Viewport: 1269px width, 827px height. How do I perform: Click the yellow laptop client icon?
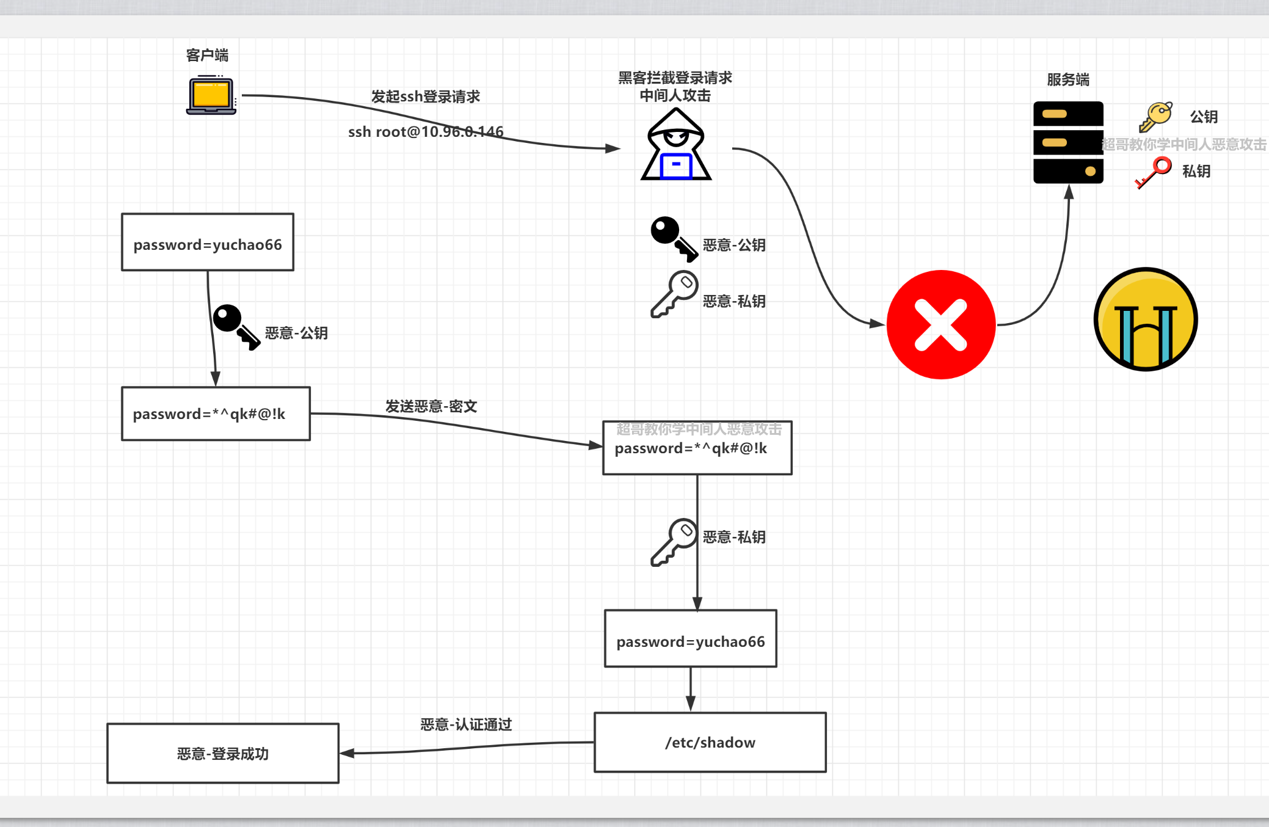click(211, 96)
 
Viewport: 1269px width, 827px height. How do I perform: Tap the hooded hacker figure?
click(676, 146)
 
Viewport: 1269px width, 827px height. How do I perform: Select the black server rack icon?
click(1068, 142)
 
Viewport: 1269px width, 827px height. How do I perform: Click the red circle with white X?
click(941, 324)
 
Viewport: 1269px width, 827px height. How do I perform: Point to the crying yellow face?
click(1145, 319)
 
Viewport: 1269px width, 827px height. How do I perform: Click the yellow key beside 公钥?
click(1155, 116)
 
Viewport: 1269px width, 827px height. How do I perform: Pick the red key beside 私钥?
click(1154, 172)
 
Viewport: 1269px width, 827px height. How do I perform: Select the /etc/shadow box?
click(710, 742)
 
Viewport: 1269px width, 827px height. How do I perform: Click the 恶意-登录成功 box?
click(223, 754)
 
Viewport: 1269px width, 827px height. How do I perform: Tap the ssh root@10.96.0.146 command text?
click(426, 132)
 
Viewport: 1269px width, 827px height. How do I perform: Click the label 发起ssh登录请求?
click(426, 97)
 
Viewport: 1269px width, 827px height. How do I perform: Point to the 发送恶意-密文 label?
click(431, 406)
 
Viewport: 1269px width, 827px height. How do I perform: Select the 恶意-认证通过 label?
click(466, 724)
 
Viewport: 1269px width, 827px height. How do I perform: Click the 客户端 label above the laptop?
click(207, 56)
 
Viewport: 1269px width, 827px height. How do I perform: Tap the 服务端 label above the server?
click(1068, 80)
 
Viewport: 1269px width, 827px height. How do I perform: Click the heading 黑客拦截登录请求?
click(675, 78)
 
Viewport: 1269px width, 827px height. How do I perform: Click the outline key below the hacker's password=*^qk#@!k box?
click(674, 541)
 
